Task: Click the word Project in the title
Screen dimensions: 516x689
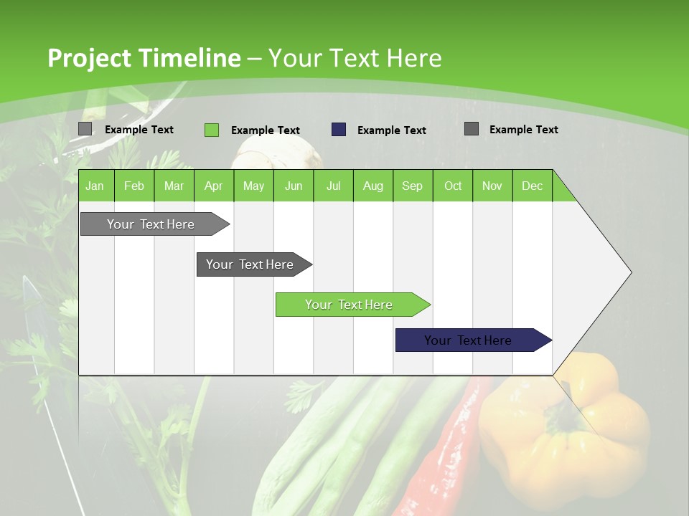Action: (x=88, y=58)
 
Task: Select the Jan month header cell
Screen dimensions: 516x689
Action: (x=95, y=186)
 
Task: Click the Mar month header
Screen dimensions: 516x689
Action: (x=174, y=186)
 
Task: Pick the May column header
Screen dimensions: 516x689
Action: (x=253, y=186)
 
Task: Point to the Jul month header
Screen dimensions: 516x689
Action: (x=333, y=186)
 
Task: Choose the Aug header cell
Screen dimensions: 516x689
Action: (x=372, y=186)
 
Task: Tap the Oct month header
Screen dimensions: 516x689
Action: (x=453, y=186)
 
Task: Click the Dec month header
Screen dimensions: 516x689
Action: (x=532, y=186)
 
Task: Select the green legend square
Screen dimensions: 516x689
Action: (x=212, y=130)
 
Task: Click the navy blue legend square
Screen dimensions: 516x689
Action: (x=339, y=130)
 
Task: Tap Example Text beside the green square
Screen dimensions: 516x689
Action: (x=265, y=130)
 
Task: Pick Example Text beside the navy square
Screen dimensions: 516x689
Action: (x=391, y=130)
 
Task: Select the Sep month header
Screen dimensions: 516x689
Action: (x=412, y=186)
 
